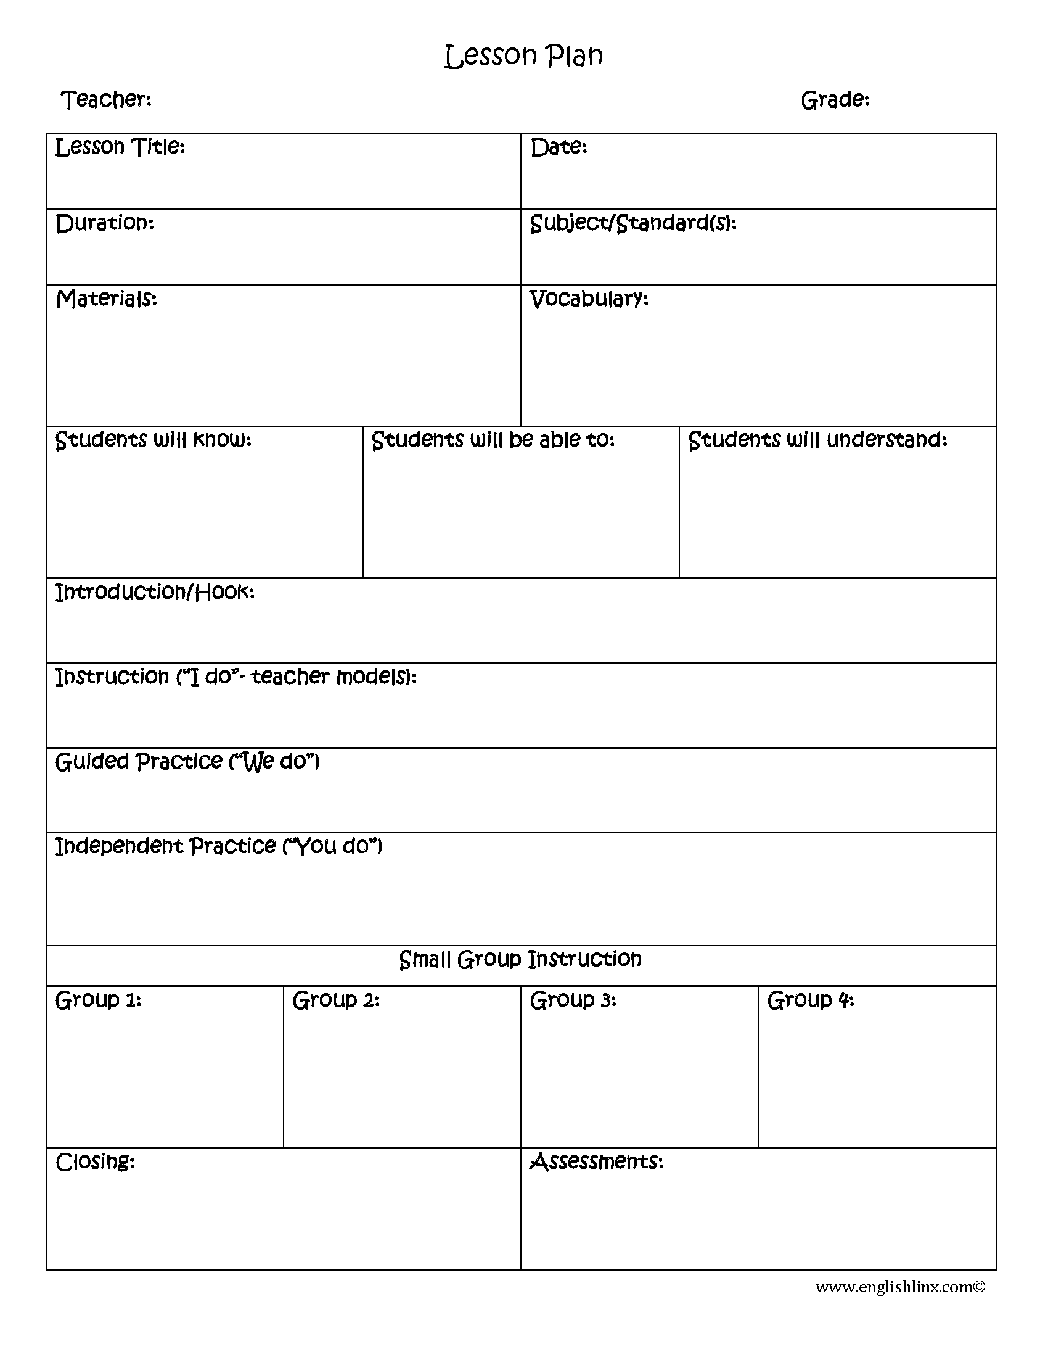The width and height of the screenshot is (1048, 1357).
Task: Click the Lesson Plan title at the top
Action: click(x=523, y=56)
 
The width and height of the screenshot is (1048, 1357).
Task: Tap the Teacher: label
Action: click(x=106, y=99)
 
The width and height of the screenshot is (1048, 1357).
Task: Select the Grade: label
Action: click(x=835, y=99)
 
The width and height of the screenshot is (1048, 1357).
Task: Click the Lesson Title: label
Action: click(x=120, y=147)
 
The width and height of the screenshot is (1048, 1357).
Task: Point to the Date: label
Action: click(x=559, y=147)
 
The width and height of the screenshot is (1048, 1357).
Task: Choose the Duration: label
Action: click(x=104, y=223)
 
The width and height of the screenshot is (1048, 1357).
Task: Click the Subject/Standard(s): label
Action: click(x=633, y=223)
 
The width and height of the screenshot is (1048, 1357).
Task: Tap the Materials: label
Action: click(x=106, y=299)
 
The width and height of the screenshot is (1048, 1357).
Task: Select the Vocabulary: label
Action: click(x=589, y=299)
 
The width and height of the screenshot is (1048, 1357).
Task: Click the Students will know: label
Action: click(x=154, y=440)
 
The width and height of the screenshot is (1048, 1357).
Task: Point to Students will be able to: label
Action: click(x=493, y=440)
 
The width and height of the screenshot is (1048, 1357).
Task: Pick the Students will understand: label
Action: click(x=817, y=440)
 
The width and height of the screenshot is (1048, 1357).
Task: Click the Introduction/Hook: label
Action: click(x=155, y=592)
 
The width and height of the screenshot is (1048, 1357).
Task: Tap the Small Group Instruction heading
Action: click(x=520, y=959)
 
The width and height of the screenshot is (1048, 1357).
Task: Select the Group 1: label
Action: click(x=98, y=1000)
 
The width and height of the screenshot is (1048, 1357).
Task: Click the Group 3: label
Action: click(x=573, y=1000)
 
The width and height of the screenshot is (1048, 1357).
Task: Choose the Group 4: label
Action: click(x=811, y=1000)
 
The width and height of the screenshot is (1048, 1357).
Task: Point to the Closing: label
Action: click(x=95, y=1162)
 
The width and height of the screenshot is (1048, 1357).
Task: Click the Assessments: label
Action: click(x=597, y=1162)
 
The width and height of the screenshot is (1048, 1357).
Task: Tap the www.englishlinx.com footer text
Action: click(x=900, y=1287)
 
